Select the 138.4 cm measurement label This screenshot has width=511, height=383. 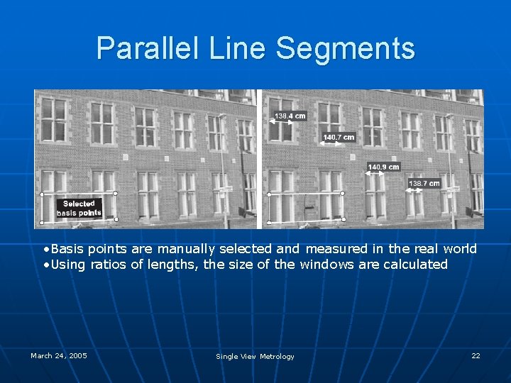tap(290, 116)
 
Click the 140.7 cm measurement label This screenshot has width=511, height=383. tap(339, 137)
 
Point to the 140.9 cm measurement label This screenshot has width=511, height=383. tap(383, 167)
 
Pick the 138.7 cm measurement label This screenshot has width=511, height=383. tap(424, 184)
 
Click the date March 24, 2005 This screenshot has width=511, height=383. tap(59, 355)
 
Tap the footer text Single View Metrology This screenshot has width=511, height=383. tap(255, 356)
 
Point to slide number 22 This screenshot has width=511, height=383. tap(476, 355)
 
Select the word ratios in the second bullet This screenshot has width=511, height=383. tap(116, 265)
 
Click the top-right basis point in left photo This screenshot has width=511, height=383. tap(116, 193)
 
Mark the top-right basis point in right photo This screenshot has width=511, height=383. tap(343, 193)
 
